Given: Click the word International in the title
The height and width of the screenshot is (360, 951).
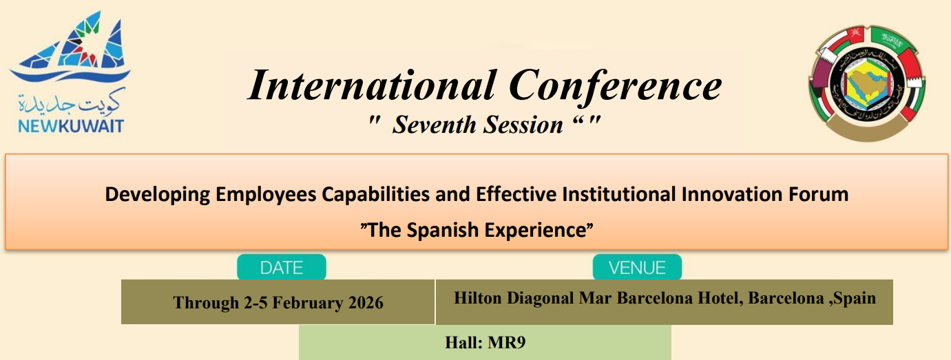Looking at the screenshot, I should [371, 87].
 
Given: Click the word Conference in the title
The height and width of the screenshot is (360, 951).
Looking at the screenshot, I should [615, 87].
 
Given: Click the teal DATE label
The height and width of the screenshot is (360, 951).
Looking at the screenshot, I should [282, 267].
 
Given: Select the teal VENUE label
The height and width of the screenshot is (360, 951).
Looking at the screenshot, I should [637, 267].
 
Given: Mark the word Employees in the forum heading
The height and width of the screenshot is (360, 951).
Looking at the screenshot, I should [267, 195].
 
